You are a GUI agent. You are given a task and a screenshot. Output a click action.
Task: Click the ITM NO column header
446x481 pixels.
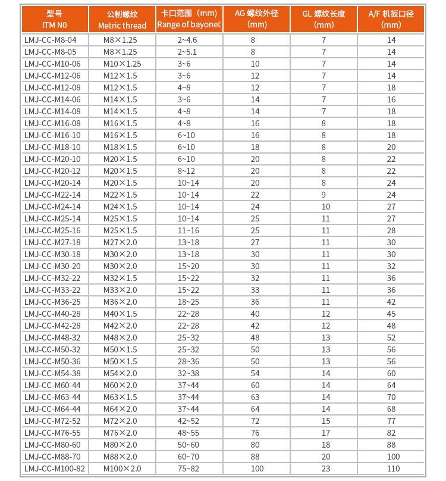pyautogui.click(x=55, y=19)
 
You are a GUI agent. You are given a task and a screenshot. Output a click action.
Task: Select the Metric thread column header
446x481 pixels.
pyautogui.click(x=122, y=19)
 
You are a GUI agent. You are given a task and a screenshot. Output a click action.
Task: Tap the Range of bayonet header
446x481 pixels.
pyautogui.click(x=189, y=19)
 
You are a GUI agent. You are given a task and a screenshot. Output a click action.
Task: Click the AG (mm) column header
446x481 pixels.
pyautogui.click(x=256, y=19)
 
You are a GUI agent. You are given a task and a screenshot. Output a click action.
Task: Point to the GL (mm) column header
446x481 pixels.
pyautogui.click(x=323, y=19)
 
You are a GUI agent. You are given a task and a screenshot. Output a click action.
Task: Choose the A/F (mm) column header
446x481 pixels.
pyautogui.click(x=391, y=19)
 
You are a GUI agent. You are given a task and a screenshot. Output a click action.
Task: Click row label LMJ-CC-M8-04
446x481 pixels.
pyautogui.click(x=51, y=40)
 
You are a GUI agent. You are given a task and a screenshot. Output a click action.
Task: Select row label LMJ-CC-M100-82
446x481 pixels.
pyautogui.click(x=55, y=468)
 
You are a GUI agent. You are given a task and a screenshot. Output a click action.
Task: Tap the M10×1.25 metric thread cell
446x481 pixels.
pyautogui.click(x=122, y=64)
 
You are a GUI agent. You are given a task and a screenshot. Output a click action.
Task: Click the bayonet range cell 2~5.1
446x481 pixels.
pyautogui.click(x=189, y=52)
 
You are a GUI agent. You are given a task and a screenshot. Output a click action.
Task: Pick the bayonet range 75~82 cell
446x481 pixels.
pyautogui.click(x=189, y=468)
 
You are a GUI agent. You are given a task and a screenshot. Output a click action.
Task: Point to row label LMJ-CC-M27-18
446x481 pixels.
pyautogui.click(x=52, y=242)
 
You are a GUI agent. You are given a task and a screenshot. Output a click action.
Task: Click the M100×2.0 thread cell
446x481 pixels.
pyautogui.click(x=122, y=468)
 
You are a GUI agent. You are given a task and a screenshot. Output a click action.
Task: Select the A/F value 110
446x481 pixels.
pyautogui.click(x=391, y=468)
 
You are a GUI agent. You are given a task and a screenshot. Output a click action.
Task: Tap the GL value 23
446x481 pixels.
pyautogui.click(x=324, y=468)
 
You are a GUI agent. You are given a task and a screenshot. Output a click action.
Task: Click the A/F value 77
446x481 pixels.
pyautogui.click(x=391, y=421)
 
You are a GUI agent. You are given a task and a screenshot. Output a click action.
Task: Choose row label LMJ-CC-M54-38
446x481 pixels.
pyautogui.click(x=52, y=373)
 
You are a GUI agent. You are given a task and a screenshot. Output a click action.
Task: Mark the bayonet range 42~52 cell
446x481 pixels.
pyautogui.click(x=189, y=421)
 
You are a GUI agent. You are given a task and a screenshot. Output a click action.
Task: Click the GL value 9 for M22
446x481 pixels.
pyautogui.click(x=324, y=195)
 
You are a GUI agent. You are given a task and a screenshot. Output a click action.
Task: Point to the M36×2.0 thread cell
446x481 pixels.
pyautogui.click(x=120, y=302)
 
